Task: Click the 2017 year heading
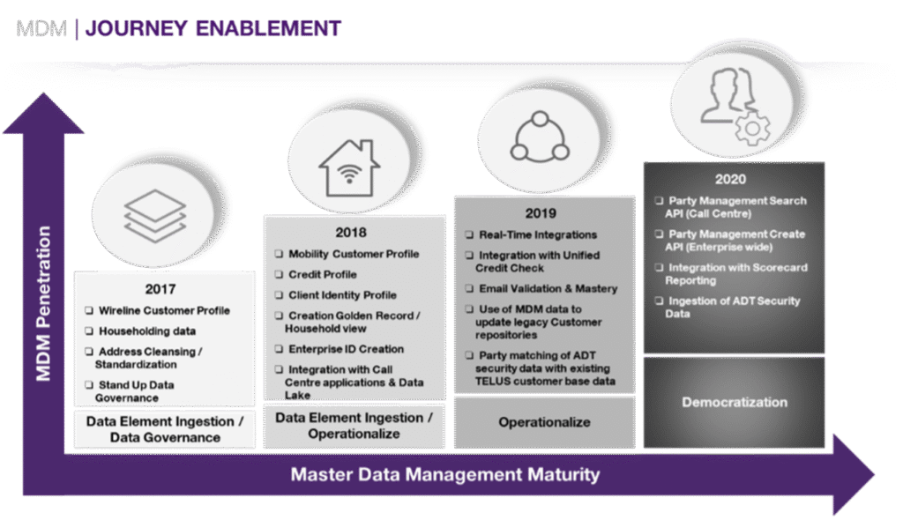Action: click(160, 288)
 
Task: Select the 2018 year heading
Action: click(350, 233)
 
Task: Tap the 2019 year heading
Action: click(541, 212)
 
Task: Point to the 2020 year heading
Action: click(731, 179)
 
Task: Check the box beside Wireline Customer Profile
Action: click(90, 310)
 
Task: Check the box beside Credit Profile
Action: click(280, 274)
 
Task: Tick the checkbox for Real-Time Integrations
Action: click(469, 235)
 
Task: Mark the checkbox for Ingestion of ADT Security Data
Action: click(659, 301)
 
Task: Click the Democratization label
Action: click(734, 402)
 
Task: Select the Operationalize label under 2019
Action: click(544, 422)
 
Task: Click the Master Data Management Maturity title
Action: click(445, 474)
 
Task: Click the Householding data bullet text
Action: click(146, 331)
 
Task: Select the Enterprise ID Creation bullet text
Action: click(346, 349)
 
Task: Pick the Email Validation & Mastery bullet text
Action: click(548, 288)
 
